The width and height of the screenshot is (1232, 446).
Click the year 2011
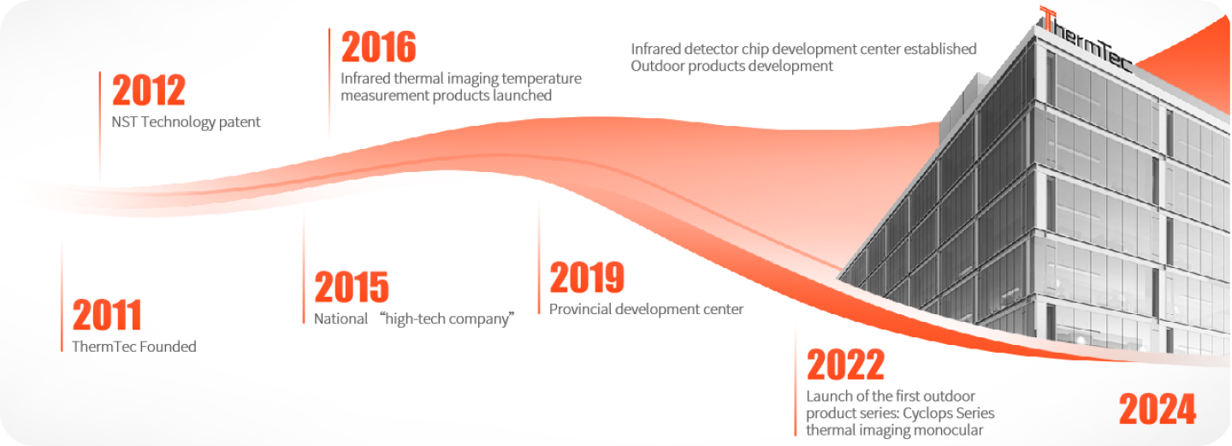coord(107,315)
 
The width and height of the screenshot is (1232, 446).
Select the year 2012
coord(149,90)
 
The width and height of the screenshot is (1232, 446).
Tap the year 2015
coord(352,287)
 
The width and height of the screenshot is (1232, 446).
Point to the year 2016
coord(378,47)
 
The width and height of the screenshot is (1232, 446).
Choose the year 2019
coord(587,277)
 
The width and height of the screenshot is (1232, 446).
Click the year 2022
coord(845,364)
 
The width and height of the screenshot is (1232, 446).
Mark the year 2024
coord(1158,408)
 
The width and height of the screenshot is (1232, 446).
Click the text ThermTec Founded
coord(134,347)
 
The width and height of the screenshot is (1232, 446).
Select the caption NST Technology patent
coord(186,122)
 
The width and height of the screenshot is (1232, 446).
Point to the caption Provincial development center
coord(646,309)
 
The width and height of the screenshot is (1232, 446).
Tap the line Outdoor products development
coord(731,66)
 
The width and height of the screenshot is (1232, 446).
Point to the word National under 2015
coord(341,318)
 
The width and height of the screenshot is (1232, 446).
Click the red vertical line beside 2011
coord(62,296)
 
